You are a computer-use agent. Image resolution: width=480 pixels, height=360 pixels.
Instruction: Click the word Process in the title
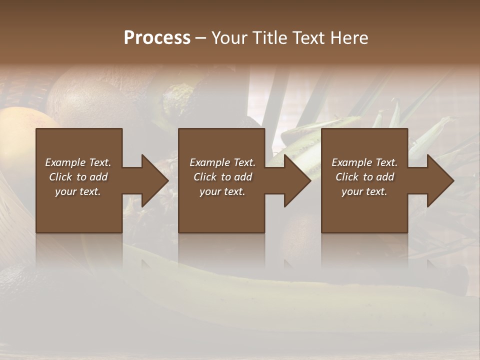[157, 38]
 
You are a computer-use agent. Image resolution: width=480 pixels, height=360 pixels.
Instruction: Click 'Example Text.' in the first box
[78, 162]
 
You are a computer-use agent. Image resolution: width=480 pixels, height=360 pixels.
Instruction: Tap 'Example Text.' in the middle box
[222, 162]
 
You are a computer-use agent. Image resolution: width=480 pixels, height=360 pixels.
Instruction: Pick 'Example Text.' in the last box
[364, 162]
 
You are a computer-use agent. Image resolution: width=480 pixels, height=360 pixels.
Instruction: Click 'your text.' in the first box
[78, 191]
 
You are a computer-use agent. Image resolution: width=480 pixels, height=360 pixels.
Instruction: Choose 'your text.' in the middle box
[222, 191]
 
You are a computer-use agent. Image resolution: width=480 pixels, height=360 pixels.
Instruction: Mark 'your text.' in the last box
[364, 191]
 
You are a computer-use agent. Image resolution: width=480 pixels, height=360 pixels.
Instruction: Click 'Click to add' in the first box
[78, 177]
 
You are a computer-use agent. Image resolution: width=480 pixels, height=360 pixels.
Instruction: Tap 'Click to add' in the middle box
[222, 177]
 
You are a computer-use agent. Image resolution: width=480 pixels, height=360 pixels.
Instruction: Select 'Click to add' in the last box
[364, 177]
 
